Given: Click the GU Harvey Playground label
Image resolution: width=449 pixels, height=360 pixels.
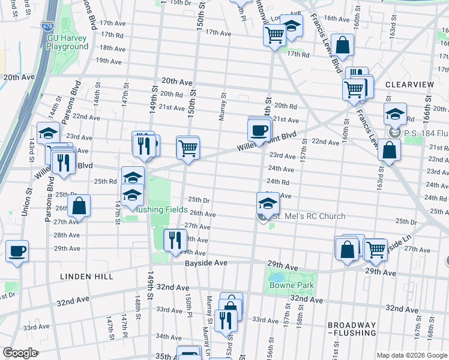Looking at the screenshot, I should point(68,42).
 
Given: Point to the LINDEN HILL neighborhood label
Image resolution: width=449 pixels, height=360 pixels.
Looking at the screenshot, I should point(86,277).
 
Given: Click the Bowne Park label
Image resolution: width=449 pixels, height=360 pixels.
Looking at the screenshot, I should point(292,285).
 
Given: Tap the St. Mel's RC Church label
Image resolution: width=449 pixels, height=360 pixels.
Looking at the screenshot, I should point(307,216).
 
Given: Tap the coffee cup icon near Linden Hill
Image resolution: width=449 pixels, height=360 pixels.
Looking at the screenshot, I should point(17,251).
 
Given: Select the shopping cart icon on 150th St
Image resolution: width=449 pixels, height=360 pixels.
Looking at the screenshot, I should point(188,147).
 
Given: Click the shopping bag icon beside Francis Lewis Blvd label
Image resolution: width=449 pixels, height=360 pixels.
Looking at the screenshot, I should point(342,45).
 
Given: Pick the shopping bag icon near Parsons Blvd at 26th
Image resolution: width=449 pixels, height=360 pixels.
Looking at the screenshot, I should point(79,206).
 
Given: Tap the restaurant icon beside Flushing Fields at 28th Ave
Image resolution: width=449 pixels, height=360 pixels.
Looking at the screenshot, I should point(175,240).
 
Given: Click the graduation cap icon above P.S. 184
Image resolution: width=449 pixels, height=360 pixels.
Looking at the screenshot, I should point(395,114).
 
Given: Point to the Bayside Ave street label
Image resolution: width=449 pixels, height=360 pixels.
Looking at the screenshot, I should point(205,263).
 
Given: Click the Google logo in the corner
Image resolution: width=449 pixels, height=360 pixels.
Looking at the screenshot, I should point(20,352).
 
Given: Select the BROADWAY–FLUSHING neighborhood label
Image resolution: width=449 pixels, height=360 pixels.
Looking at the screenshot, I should point(352,329).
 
